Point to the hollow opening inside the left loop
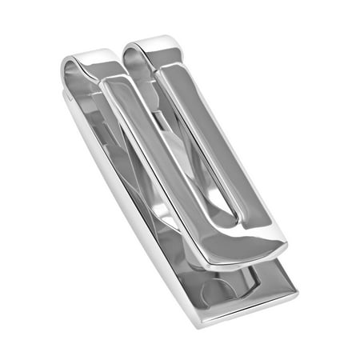point(82,74)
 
